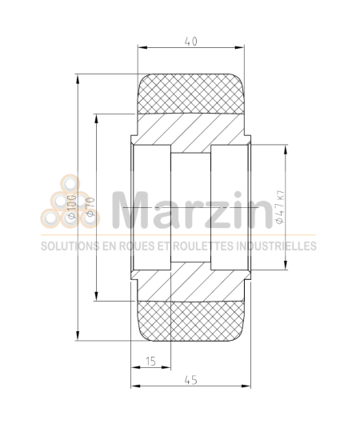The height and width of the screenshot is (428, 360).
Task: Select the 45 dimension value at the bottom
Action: [x=190, y=380]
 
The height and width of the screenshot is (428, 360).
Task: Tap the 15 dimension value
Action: [x=150, y=362]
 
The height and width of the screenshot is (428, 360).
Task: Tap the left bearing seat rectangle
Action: [x=151, y=207]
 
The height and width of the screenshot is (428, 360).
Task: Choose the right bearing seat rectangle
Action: [x=230, y=207]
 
